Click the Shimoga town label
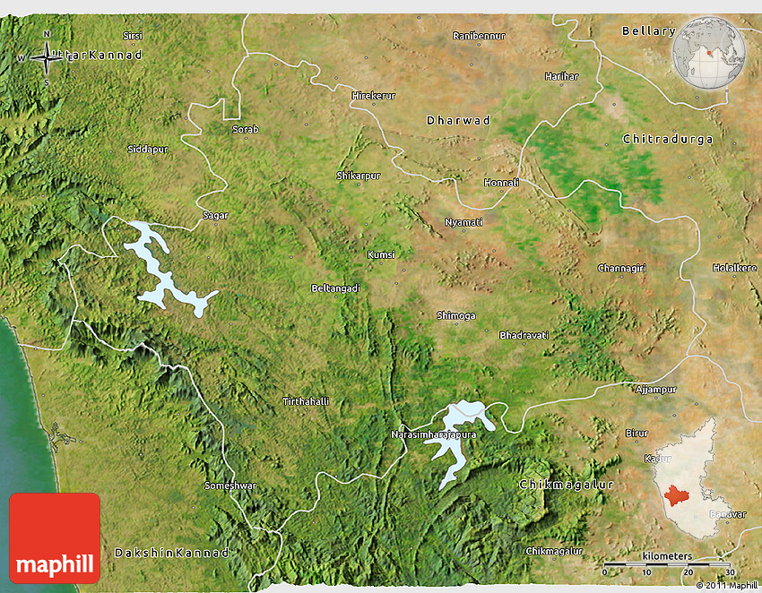pos(455,315)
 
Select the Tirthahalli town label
pos(306,401)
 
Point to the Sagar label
pos(215,216)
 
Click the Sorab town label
pos(245,130)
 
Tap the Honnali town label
pos(502,183)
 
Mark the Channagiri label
pos(622,268)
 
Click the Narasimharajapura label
pos(433,434)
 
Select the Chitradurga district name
pos(668,140)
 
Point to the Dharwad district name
pos(458,120)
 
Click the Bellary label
pos(648,31)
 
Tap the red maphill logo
pos(55,537)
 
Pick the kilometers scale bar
pos(667,565)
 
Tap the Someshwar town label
pos(231,486)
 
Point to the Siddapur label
pos(148,148)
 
